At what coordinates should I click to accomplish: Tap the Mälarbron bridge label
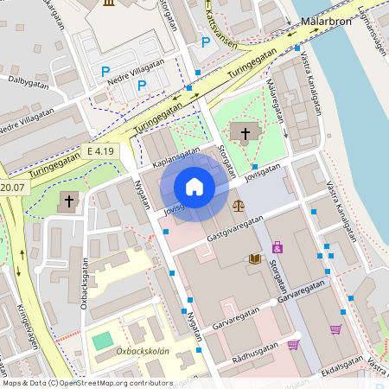[324, 20]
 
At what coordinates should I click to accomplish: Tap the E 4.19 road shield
[100, 151]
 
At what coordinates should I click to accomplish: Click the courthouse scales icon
[238, 206]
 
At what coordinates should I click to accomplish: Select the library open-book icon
[254, 258]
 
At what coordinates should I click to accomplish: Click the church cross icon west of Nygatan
[68, 201]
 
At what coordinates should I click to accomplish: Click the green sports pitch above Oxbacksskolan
[102, 341]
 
